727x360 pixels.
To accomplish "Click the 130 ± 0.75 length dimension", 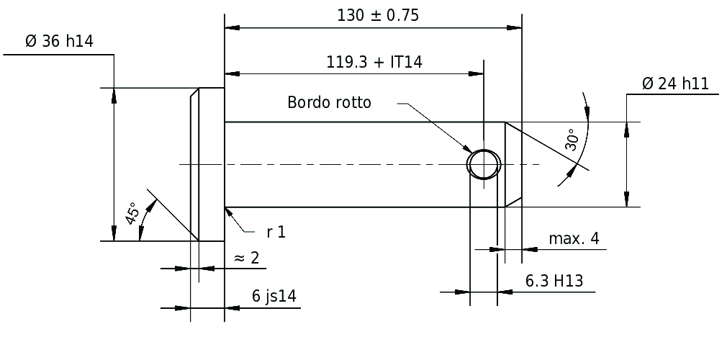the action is [x=378, y=16].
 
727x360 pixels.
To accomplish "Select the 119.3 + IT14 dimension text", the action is [x=374, y=62].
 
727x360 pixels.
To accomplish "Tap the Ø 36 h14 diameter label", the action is [x=59, y=41].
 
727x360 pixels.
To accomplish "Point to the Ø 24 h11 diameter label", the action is [x=676, y=84].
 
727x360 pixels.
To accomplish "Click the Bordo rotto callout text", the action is [x=329, y=102].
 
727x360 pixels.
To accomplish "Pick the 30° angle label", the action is [x=572, y=140].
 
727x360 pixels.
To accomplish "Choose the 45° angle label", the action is [x=132, y=213].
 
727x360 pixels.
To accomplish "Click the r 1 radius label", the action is [x=276, y=232].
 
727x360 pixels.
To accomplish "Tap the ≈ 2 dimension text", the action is [x=247, y=258].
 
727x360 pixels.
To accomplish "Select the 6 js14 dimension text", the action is [x=274, y=295].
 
